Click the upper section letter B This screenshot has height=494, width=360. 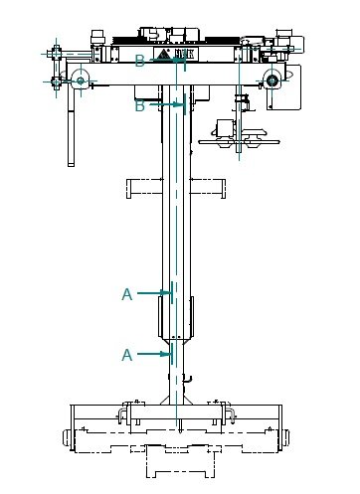click(140, 61)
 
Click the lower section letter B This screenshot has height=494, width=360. click(140, 106)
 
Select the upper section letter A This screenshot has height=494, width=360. click(127, 294)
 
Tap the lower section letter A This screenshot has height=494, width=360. click(127, 355)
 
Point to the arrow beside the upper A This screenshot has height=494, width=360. click(154, 293)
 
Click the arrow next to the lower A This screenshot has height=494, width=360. click(154, 354)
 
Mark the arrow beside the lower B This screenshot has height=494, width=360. click(166, 104)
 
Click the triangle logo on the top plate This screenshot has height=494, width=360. click(163, 54)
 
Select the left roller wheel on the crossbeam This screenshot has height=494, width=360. click(81, 81)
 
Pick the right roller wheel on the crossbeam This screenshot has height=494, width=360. click(271, 80)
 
